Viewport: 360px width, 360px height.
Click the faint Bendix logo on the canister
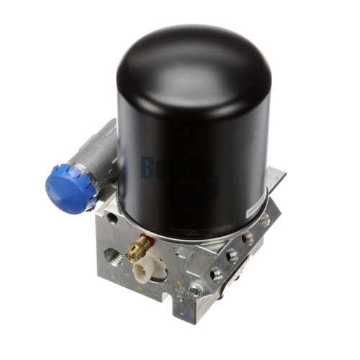click(x=178, y=171)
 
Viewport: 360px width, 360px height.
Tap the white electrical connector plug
click(x=148, y=273)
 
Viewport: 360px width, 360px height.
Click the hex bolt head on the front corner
click(x=195, y=291)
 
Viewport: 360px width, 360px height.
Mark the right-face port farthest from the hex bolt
click(x=264, y=219)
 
